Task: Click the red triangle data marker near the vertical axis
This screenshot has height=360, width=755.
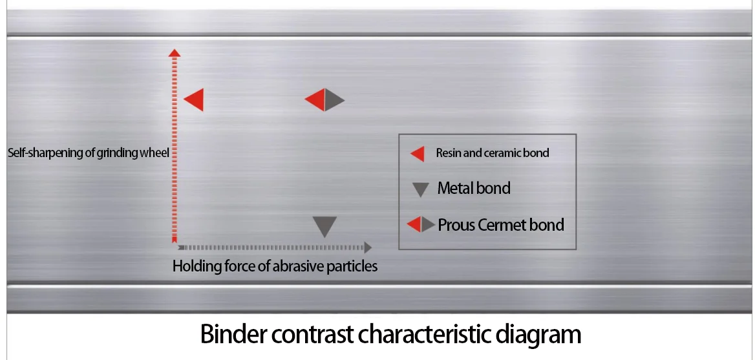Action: pyautogui.click(x=195, y=100)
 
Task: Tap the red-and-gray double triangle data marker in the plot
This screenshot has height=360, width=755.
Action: pyautogui.click(x=324, y=100)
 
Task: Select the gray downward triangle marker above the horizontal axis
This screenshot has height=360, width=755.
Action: pyautogui.click(x=324, y=226)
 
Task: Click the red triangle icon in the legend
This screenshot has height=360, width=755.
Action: pyautogui.click(x=418, y=154)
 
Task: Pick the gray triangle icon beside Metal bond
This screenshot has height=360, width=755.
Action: pyautogui.click(x=421, y=189)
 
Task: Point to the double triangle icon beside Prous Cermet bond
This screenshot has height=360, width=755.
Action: pyautogui.click(x=421, y=225)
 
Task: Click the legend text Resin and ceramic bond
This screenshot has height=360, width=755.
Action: pyautogui.click(x=492, y=153)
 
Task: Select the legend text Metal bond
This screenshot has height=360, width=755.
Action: pyautogui.click(x=474, y=189)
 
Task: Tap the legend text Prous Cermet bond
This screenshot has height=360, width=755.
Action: pyautogui.click(x=501, y=225)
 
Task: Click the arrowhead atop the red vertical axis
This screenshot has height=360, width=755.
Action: pyautogui.click(x=174, y=51)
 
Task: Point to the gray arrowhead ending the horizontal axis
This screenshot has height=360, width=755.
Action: pyautogui.click(x=368, y=247)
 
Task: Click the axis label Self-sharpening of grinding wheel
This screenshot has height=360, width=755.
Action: pyautogui.click(x=89, y=153)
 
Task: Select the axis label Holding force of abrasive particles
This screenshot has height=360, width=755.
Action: pyautogui.click(x=275, y=266)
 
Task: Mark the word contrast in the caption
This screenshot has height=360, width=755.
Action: pyautogui.click(x=311, y=335)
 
